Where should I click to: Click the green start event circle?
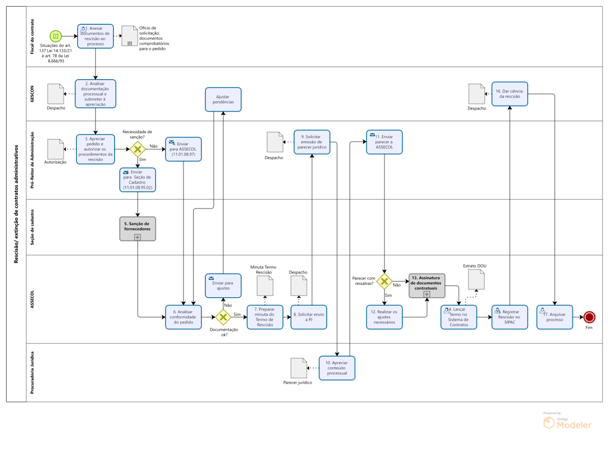point(55,36)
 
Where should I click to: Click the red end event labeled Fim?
point(589,317)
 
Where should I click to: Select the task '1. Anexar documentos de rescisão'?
point(95,36)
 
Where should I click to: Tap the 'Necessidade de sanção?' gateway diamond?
point(138,149)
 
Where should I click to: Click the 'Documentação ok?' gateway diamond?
point(223,317)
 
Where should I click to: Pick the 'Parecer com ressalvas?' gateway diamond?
point(384,281)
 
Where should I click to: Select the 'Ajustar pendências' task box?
point(223,100)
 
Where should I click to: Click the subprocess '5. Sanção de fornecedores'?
point(137,229)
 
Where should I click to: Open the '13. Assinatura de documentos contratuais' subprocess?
point(426,285)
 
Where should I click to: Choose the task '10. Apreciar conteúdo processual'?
point(337,368)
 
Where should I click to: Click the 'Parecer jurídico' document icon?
point(299,368)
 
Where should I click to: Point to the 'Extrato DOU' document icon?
point(476,279)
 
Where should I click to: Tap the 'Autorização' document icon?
point(55,149)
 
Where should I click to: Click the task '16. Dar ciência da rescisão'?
point(509,94)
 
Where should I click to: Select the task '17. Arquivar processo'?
point(555,317)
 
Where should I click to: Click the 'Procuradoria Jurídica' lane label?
point(32,372)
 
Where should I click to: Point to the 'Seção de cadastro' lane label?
point(32,227)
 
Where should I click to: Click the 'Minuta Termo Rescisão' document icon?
point(265,285)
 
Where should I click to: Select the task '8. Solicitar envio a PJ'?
point(308,317)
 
